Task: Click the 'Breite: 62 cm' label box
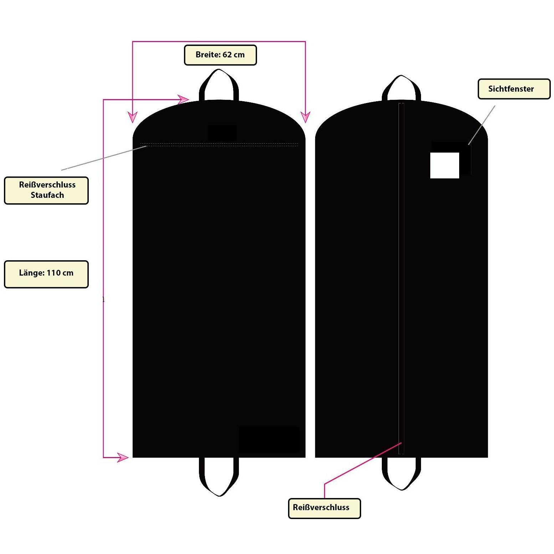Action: click(220, 55)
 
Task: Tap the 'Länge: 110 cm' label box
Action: click(46, 274)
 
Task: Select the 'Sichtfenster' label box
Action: click(514, 89)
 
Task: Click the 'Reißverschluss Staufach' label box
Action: click(46, 190)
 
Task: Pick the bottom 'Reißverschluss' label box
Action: click(324, 508)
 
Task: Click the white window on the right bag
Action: click(445, 165)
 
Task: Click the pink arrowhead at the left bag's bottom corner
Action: click(123, 457)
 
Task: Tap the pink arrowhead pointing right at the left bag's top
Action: click(183, 99)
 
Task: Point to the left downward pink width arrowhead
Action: click(133, 117)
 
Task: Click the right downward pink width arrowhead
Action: click(306, 117)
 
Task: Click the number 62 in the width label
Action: click(227, 55)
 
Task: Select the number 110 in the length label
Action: click(53, 273)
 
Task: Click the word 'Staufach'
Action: click(47, 195)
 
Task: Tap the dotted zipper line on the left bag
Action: click(219, 145)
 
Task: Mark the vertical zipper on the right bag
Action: click(401, 278)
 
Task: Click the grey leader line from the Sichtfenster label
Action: click(482, 125)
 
